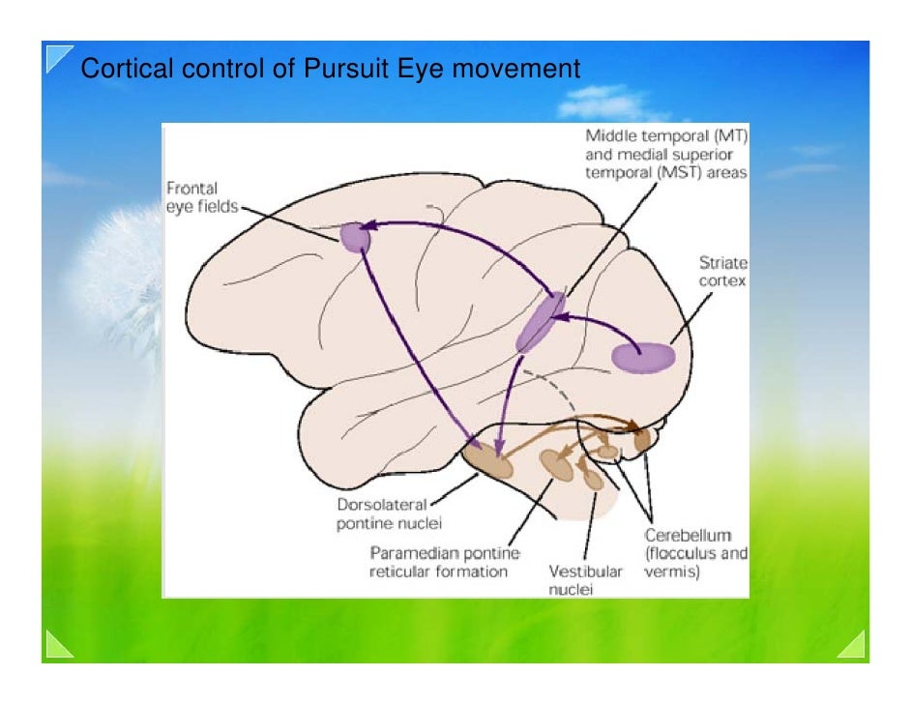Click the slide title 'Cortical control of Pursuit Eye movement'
329,70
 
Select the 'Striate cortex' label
723,271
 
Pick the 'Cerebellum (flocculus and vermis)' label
695,553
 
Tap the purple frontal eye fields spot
355,235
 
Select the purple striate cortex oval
643,357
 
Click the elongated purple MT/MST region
540,322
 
